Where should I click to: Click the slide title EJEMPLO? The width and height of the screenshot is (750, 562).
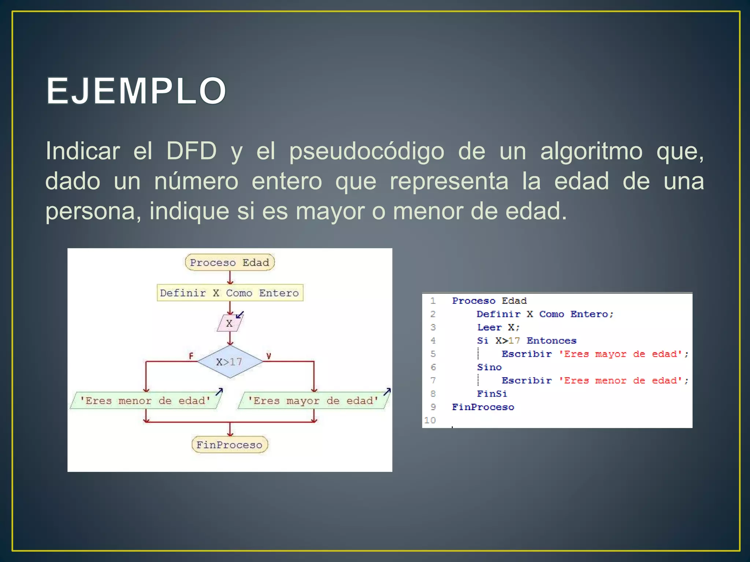(x=136, y=91)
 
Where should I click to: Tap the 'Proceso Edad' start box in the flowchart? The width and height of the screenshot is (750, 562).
(x=230, y=262)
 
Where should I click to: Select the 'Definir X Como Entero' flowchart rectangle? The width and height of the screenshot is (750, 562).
(x=230, y=293)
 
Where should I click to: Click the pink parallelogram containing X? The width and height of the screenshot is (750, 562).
(x=229, y=323)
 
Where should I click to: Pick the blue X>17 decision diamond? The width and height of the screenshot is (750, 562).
(x=230, y=361)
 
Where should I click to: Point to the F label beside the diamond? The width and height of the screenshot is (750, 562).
(x=191, y=356)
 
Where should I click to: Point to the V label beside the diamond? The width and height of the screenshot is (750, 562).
(x=268, y=356)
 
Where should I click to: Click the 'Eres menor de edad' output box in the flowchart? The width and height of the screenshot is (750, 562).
(x=145, y=400)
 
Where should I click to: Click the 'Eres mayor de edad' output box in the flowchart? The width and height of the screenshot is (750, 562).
(x=313, y=400)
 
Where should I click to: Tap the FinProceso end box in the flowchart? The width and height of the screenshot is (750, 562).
(x=230, y=445)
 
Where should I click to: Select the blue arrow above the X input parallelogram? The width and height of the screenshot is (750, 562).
(x=240, y=315)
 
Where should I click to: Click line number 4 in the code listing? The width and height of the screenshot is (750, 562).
(x=433, y=341)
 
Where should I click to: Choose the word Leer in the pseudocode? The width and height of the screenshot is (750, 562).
(x=489, y=327)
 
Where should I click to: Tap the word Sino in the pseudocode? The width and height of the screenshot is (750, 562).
(x=489, y=367)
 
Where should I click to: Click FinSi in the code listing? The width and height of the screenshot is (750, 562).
(x=492, y=394)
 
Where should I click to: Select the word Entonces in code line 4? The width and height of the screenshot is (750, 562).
(x=551, y=341)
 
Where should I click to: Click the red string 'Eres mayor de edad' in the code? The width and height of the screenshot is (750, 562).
(x=620, y=354)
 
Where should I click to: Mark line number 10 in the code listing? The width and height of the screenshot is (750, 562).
(x=430, y=420)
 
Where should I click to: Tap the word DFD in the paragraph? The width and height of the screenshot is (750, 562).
(x=191, y=151)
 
